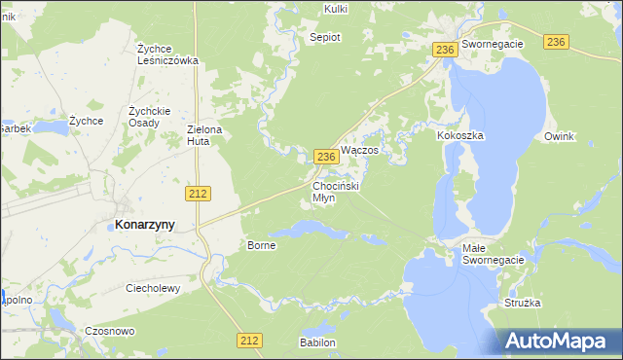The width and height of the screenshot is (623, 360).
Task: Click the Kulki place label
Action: (x=335, y=10)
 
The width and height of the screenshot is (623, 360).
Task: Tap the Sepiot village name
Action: (x=324, y=38)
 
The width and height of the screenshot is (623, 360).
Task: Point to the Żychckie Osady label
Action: (x=150, y=116)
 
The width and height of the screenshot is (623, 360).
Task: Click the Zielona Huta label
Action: (x=205, y=135)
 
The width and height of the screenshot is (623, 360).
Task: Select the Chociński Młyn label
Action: (x=337, y=191)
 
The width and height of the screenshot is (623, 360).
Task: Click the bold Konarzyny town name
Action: (x=145, y=224)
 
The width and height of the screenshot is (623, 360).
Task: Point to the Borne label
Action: (x=262, y=245)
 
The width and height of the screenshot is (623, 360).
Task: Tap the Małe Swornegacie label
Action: (x=493, y=255)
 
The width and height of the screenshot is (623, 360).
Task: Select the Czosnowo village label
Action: (x=109, y=331)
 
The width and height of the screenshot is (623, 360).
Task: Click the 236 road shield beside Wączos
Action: (x=326, y=156)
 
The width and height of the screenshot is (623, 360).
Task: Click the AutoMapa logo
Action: (x=559, y=341)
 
